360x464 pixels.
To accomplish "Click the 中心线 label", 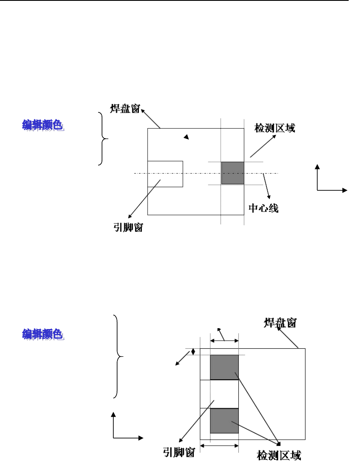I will (x=263, y=208).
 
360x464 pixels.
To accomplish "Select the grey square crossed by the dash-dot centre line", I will (x=232, y=173).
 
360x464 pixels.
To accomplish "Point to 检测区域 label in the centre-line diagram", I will (x=275, y=128).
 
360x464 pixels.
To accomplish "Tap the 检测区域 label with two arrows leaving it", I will (x=279, y=455).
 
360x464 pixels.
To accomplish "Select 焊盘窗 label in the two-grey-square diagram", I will (x=281, y=323).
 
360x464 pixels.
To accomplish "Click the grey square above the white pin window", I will (x=224, y=367).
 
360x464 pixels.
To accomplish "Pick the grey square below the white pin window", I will (x=224, y=420).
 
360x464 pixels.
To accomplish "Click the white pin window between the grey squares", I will (x=224, y=394).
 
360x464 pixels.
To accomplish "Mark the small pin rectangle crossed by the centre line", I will (x=165, y=174).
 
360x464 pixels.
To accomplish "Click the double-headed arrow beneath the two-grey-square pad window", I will (x=219, y=446).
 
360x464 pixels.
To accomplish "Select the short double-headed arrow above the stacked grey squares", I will (x=224, y=341).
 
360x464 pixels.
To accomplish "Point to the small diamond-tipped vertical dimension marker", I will (x=193, y=352).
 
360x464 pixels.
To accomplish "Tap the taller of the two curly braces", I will (x=119, y=356).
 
